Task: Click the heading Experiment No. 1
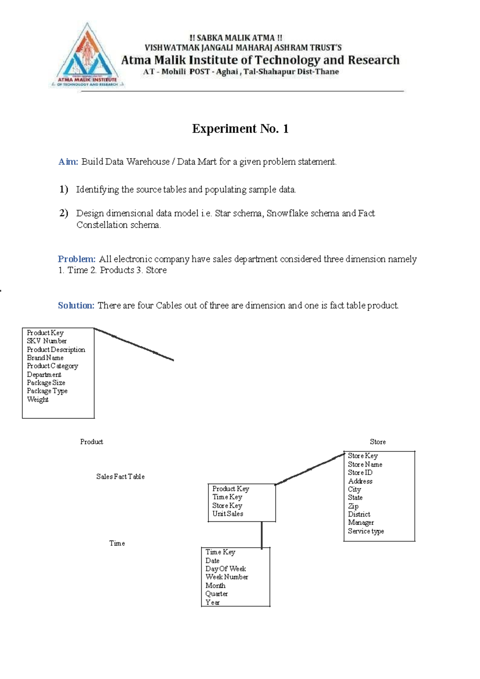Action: (x=240, y=129)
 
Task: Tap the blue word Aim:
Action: (x=68, y=162)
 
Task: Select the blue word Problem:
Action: (x=76, y=259)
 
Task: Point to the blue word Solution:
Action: (x=76, y=306)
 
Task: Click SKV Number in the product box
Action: (x=46, y=341)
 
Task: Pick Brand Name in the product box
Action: (x=45, y=358)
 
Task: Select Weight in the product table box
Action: (x=38, y=399)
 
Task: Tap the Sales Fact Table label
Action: (x=120, y=477)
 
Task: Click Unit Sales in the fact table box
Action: (x=228, y=514)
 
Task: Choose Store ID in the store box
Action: (x=360, y=473)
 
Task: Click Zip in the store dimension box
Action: (x=353, y=506)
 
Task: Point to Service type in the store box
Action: (x=366, y=531)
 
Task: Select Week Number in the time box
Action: (x=226, y=577)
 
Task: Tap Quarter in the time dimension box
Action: (x=216, y=594)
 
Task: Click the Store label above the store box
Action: (x=378, y=442)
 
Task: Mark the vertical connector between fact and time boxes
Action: (x=262, y=535)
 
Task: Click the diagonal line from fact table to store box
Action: (x=310, y=469)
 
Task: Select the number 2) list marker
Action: (x=64, y=213)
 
